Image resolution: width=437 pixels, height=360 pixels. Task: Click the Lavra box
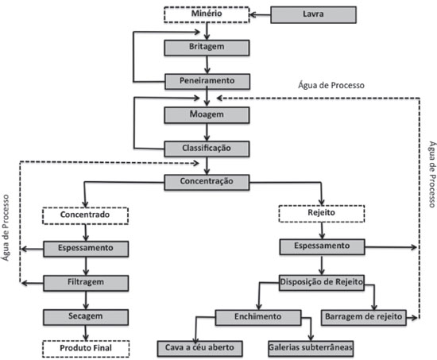point(313,15)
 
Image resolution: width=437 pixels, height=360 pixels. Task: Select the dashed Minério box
point(207,14)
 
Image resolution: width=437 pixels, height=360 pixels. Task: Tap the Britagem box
point(207,48)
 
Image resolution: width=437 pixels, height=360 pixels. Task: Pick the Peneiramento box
point(207,81)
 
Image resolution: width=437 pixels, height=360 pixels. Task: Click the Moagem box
point(207,115)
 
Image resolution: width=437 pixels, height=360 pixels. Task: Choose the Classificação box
point(207,149)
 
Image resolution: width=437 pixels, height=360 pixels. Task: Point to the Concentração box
point(207,182)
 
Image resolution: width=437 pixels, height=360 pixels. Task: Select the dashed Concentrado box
point(85,215)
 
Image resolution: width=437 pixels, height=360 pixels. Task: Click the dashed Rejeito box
point(322,214)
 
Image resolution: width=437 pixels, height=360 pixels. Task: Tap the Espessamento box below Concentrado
point(86,249)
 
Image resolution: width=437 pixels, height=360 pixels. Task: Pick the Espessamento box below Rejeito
point(322,247)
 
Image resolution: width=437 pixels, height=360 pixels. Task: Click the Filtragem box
point(86,283)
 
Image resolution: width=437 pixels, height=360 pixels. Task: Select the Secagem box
point(86,317)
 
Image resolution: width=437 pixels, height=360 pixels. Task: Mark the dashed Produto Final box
point(86,349)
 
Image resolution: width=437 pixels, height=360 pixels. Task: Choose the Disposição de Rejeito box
point(322,282)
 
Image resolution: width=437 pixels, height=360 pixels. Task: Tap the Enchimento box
point(258,318)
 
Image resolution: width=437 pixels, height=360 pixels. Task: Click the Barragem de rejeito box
point(364,318)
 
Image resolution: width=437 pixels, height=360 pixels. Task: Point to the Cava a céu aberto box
point(199,349)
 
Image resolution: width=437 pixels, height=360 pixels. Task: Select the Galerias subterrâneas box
point(311,349)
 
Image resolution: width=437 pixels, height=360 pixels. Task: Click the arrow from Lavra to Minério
point(260,15)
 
